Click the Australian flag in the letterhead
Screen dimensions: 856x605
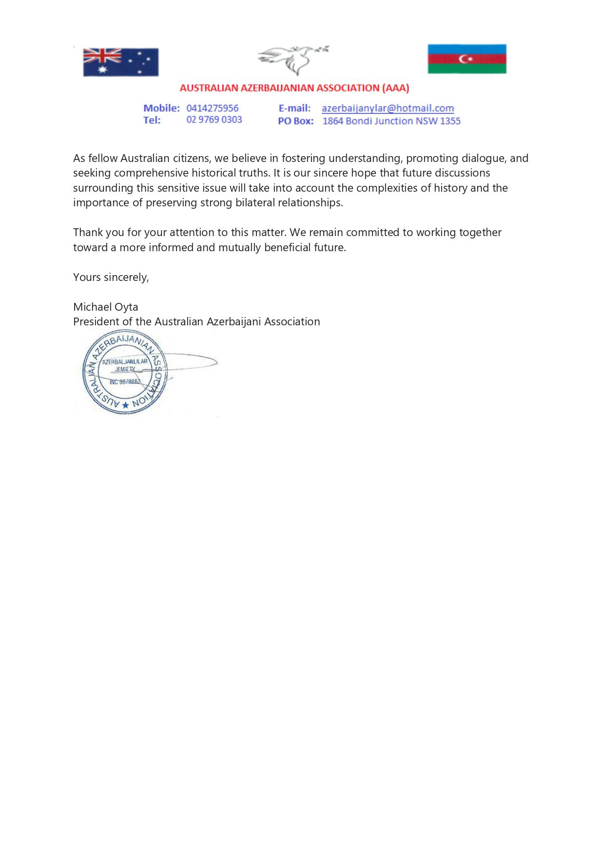tap(121, 62)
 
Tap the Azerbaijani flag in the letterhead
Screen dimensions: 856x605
tap(467, 59)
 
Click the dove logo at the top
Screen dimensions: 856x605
tap(293, 60)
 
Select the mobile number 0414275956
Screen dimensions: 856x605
tap(213, 108)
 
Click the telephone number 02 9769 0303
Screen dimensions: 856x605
tap(214, 120)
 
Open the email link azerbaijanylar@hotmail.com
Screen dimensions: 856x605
tap(388, 108)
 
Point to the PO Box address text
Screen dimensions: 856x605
tap(391, 121)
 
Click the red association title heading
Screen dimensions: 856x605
tap(294, 88)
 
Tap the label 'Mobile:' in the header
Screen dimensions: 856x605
tap(161, 108)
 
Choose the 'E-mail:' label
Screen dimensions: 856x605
tap(294, 108)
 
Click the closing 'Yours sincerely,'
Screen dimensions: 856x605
tap(111, 278)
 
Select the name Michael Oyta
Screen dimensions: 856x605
tap(106, 307)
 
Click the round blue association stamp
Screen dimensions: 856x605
tap(125, 372)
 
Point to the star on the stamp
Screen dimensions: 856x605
tap(126, 405)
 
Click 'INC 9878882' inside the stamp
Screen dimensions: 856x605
tap(125, 382)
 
